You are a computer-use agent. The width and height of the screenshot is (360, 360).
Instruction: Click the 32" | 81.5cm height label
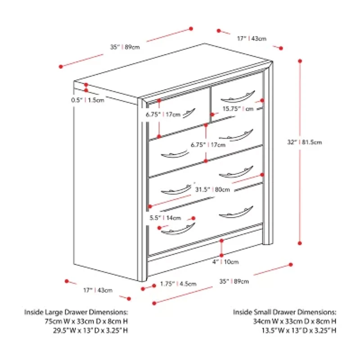[305, 142]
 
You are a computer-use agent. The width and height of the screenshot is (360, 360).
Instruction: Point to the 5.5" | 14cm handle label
[166, 218]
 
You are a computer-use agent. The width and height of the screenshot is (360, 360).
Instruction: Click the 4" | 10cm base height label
[226, 261]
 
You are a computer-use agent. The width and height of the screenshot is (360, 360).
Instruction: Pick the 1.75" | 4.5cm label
[179, 284]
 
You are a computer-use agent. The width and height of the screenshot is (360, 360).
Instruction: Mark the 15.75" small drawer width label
[237, 109]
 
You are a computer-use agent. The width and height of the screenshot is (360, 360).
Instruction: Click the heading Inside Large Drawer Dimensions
[76, 312]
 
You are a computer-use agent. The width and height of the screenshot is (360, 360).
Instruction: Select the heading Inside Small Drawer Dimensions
[284, 312]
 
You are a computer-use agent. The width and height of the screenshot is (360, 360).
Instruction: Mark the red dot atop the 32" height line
[300, 59]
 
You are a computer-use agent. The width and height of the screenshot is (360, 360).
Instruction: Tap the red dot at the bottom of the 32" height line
[300, 243]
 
